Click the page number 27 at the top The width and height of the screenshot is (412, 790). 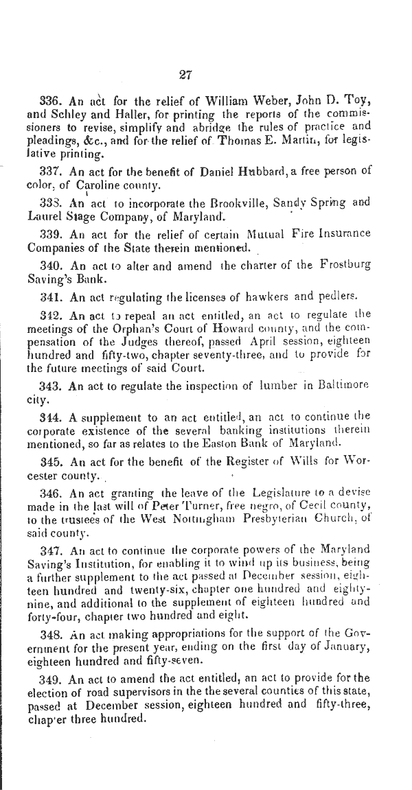click(185, 75)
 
